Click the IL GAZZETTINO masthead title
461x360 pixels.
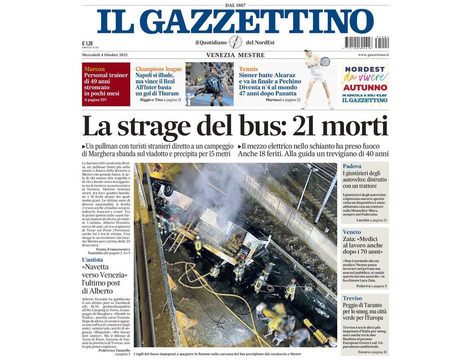235,21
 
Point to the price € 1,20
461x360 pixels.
87,43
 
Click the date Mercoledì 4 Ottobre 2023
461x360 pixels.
105,55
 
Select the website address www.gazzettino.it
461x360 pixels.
373,55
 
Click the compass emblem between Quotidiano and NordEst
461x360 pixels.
235,42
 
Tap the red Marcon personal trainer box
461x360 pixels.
106,84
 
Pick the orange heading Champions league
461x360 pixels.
158,69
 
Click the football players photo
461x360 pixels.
209,84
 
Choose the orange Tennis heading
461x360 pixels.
249,69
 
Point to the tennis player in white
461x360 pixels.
318,79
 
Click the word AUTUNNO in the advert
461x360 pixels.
365,87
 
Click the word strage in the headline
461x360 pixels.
152,126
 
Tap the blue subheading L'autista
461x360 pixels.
92,260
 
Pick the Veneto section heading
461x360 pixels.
352,232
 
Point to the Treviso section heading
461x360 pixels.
353,298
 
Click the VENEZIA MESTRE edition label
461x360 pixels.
235,55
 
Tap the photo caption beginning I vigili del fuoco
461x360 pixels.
217,354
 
